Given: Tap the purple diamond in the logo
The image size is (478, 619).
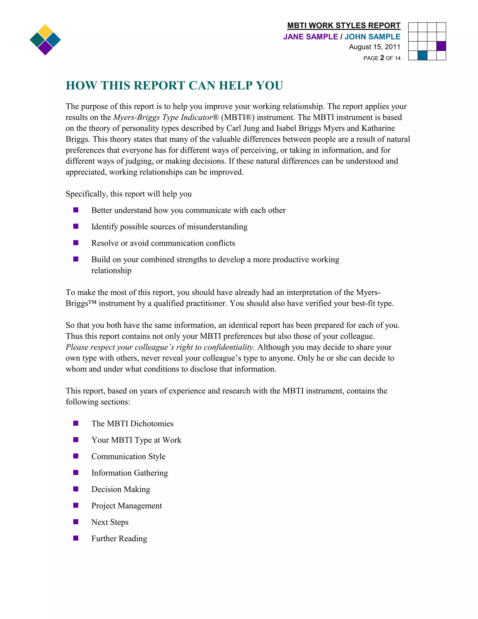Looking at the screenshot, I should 45,48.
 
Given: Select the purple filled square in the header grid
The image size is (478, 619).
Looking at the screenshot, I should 441,46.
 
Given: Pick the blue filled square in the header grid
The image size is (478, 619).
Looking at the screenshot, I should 422,55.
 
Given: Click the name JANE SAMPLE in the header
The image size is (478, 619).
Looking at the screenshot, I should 310,37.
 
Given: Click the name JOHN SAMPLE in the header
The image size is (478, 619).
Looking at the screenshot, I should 372,37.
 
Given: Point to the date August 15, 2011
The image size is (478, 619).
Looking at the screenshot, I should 374,47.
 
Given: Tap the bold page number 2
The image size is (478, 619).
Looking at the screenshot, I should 382,58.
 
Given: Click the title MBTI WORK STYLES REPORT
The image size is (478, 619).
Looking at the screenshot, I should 344,25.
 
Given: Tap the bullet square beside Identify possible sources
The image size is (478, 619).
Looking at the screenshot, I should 76,226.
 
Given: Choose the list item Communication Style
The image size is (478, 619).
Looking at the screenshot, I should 128,456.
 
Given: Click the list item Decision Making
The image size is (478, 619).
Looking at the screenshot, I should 121,489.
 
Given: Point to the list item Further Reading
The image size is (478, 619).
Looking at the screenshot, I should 119,538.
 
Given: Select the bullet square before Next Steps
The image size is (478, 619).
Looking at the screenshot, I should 76,522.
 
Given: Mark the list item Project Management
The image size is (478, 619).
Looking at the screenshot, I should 127,506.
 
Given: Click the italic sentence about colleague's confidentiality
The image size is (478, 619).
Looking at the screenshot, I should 160,347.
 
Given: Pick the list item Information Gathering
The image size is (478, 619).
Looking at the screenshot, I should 129,473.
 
